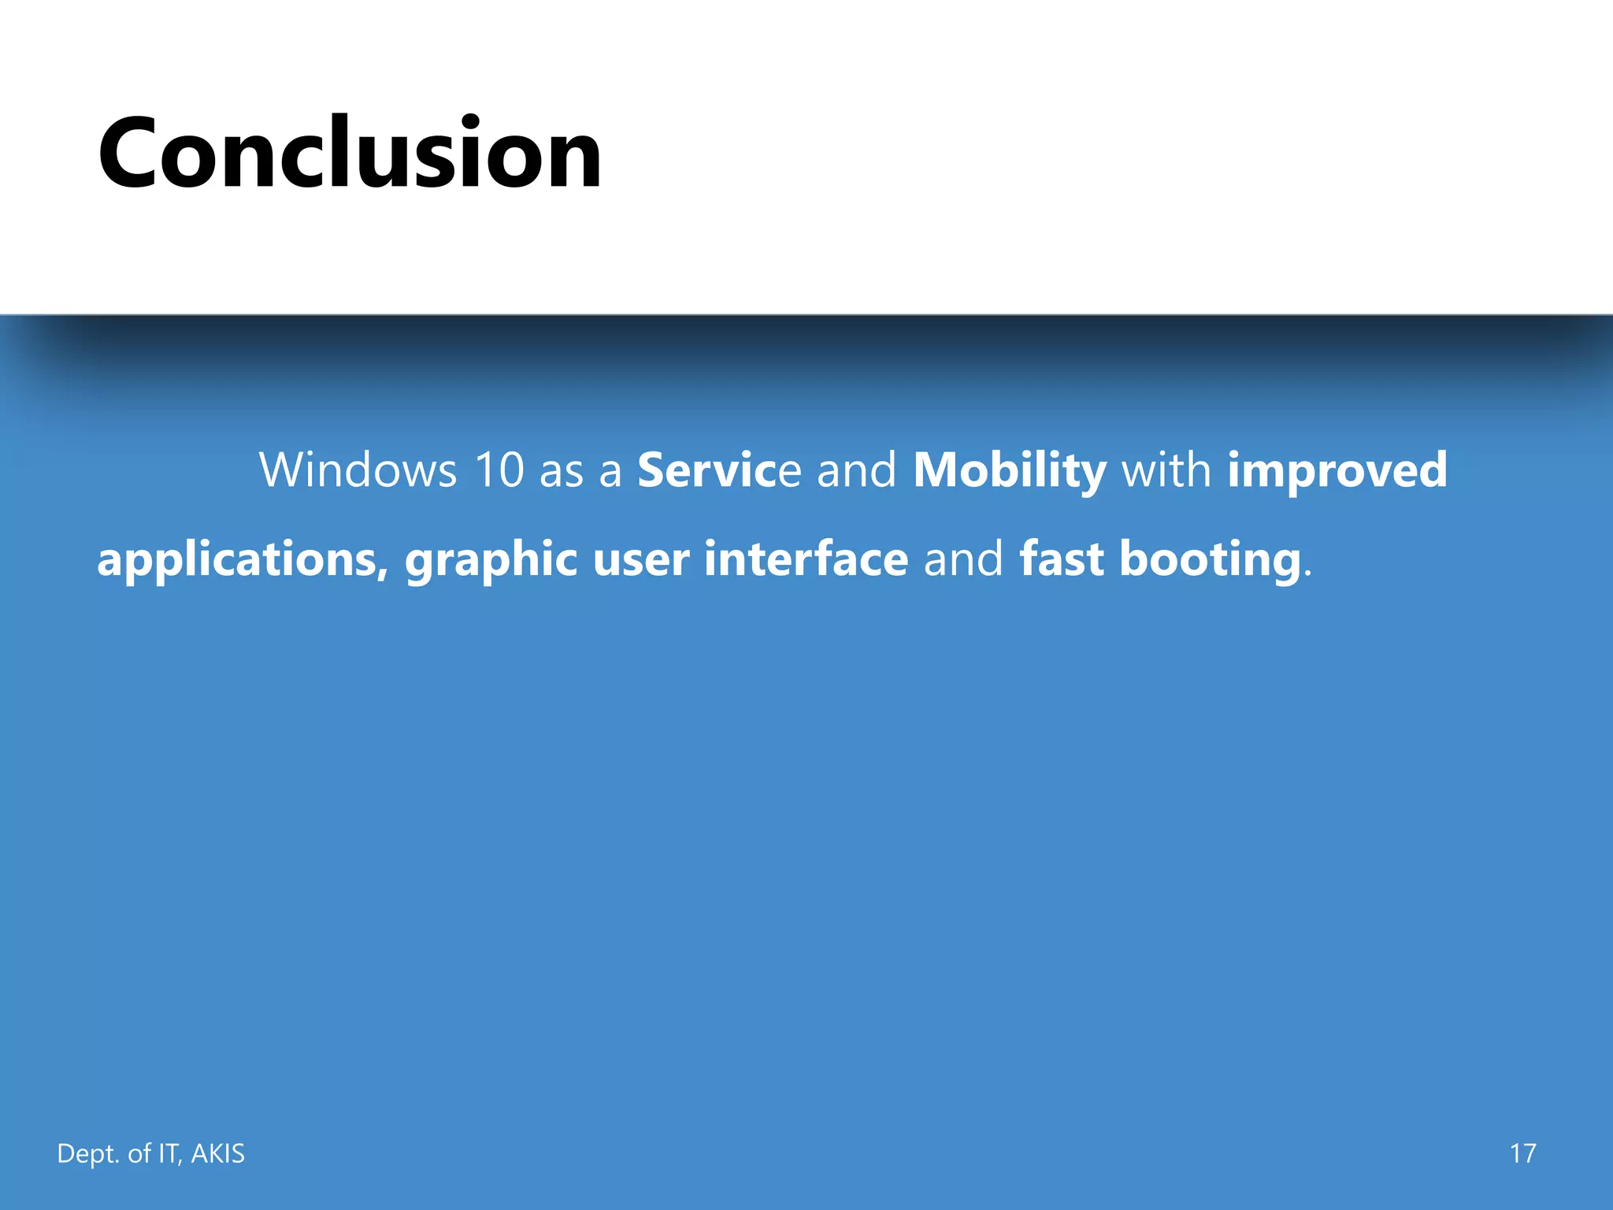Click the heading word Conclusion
click(x=350, y=153)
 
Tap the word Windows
click(x=358, y=470)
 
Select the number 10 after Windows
click(x=499, y=470)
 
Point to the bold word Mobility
click(x=1010, y=470)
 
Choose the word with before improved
click(x=1166, y=470)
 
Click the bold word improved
click(x=1337, y=470)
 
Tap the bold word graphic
click(x=491, y=559)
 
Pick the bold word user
click(x=640, y=559)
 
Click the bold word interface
click(x=806, y=559)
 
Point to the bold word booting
click(x=1209, y=559)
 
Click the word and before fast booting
click(x=963, y=559)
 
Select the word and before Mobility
click(x=856, y=470)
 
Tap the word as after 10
click(x=561, y=470)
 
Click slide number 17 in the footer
click(x=1522, y=1153)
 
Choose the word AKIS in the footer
click(x=218, y=1153)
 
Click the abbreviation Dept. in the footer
click(x=88, y=1153)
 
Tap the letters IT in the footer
click(x=169, y=1153)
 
